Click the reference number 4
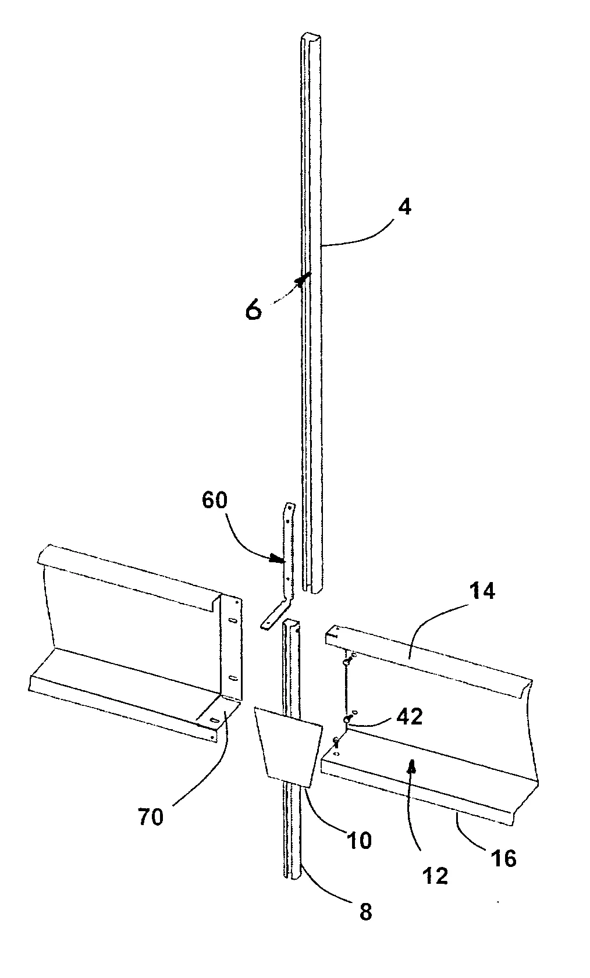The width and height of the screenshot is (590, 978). [x=405, y=208]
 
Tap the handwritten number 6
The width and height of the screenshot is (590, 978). [x=254, y=310]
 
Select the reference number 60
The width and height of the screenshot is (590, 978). [x=215, y=499]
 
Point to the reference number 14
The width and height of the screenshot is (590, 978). [x=482, y=591]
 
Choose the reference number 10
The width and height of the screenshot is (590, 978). [x=359, y=840]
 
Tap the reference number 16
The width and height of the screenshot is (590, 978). [x=504, y=858]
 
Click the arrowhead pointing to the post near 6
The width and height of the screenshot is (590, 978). [x=303, y=279]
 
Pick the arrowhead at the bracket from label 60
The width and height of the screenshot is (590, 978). [x=276, y=558]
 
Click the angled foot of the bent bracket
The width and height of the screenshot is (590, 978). [x=274, y=616]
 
